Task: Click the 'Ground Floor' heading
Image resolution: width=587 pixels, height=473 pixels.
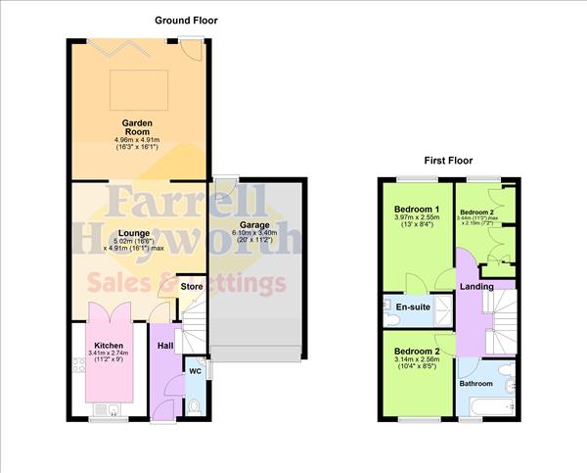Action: tap(186, 20)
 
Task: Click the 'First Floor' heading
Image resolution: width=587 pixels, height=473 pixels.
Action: tap(448, 160)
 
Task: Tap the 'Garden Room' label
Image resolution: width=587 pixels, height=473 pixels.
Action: tap(137, 127)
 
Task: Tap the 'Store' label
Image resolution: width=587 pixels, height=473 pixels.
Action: tap(192, 286)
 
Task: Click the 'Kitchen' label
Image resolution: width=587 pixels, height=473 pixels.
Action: tap(109, 345)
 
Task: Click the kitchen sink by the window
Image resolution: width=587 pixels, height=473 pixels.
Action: tap(113, 409)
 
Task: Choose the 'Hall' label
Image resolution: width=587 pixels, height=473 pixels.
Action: tap(165, 345)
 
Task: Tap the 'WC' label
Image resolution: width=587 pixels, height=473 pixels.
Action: tap(194, 372)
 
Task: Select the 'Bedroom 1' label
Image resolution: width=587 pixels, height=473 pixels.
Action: tap(415, 210)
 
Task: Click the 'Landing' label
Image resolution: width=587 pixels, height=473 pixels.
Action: tap(476, 286)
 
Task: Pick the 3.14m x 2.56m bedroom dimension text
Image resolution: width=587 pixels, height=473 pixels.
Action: tap(417, 359)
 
